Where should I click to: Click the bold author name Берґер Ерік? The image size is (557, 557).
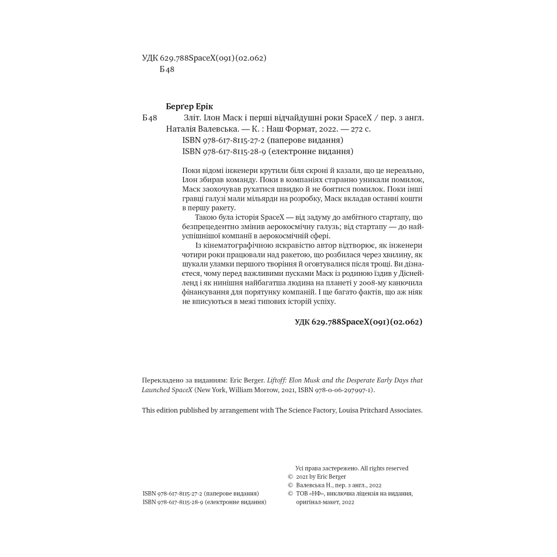[x=189, y=107]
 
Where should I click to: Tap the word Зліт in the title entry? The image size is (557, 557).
[x=193, y=117]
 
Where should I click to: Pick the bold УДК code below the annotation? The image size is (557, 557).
[x=358, y=322]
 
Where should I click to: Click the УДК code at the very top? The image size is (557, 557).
[x=203, y=58]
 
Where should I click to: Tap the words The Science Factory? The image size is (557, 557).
[x=303, y=410]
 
